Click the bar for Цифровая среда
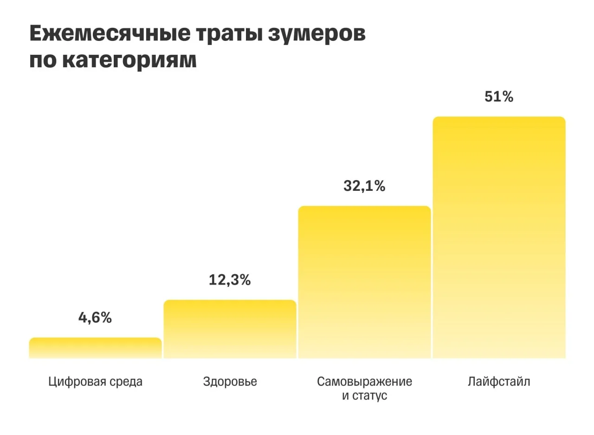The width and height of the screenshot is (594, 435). [95, 348]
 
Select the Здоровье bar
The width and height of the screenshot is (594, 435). [230, 329]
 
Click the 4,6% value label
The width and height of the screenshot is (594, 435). [95, 318]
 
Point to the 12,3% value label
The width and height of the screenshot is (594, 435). [230, 280]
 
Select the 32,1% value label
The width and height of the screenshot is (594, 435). [364, 186]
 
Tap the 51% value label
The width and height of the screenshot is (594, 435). [499, 97]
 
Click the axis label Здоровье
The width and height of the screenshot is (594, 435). [230, 382]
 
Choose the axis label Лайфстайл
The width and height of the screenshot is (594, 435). [499, 382]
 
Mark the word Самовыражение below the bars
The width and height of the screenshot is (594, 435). [364, 382]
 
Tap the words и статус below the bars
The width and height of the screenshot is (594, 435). [364, 396]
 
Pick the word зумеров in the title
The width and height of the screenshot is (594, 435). [316, 34]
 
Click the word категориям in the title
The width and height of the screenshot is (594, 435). [129, 61]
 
